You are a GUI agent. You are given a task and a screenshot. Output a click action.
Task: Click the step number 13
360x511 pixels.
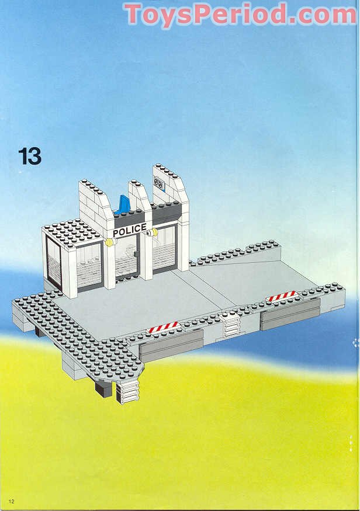click(30, 156)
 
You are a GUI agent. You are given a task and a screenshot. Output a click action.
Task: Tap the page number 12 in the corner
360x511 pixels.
click(11, 500)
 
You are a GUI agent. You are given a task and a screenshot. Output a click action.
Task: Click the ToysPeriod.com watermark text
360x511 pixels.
click(240, 14)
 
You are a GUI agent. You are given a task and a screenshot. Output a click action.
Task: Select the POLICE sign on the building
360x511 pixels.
click(130, 231)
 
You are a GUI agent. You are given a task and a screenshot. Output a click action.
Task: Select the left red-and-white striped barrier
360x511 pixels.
click(163, 328)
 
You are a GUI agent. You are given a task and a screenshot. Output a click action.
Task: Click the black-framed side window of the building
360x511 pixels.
click(53, 264)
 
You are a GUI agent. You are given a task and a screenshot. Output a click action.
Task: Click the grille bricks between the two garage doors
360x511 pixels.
click(231, 325)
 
